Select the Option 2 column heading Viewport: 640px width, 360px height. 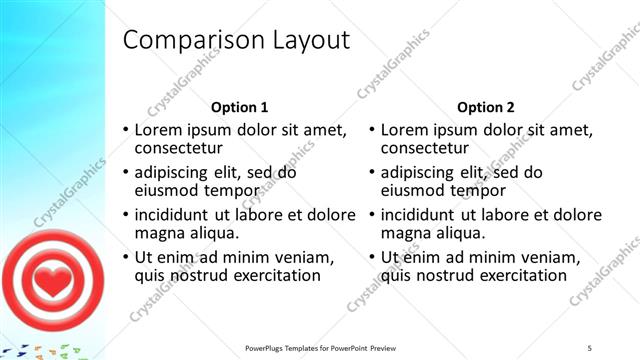click(485, 107)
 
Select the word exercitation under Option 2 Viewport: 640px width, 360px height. click(522, 276)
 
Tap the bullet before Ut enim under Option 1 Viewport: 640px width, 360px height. click(125, 258)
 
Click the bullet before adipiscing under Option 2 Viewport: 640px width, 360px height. click(371, 173)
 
